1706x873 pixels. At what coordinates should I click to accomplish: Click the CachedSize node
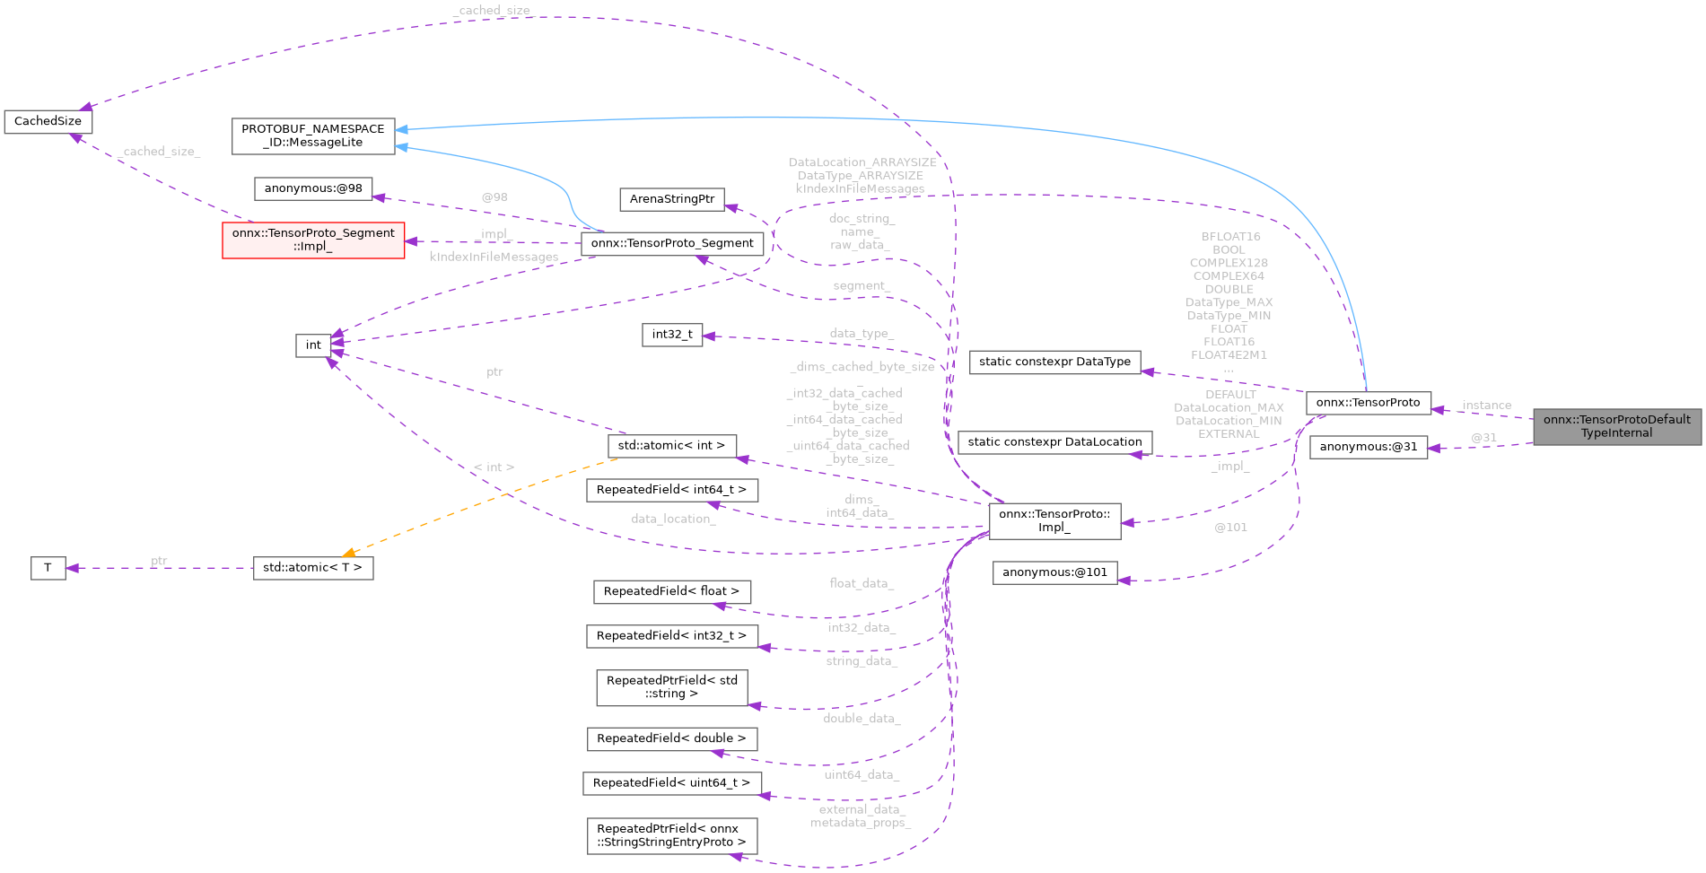click(x=48, y=121)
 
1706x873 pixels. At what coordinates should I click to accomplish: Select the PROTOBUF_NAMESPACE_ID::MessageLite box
click(x=312, y=135)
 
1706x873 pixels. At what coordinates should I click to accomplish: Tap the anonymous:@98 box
click(x=313, y=188)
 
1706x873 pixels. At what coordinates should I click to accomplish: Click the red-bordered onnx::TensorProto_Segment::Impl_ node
click(x=313, y=240)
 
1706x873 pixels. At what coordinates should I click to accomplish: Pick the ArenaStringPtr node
click(x=672, y=199)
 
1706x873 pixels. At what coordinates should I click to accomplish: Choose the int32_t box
click(x=672, y=335)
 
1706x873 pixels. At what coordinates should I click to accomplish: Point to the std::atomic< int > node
click(x=671, y=445)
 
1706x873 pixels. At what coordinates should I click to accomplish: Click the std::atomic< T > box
click(x=312, y=568)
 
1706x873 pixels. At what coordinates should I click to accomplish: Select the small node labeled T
click(x=48, y=568)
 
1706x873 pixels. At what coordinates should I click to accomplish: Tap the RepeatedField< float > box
click(x=671, y=591)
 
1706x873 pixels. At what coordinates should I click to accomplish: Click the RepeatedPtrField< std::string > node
click(x=671, y=687)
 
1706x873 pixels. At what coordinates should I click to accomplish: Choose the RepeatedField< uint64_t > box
click(x=671, y=783)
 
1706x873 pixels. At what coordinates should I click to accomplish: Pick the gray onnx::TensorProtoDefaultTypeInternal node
click(x=1616, y=426)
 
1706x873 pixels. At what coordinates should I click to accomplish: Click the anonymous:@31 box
click(x=1368, y=447)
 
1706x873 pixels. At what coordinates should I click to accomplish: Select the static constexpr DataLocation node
click(x=1054, y=442)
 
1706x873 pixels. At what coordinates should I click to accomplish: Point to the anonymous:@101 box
click(x=1054, y=572)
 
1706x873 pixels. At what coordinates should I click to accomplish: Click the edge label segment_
click(x=861, y=286)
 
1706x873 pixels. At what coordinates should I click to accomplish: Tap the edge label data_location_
click(x=672, y=519)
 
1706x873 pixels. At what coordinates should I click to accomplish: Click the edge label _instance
click(x=1485, y=406)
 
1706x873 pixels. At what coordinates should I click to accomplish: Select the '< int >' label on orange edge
click(x=494, y=467)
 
